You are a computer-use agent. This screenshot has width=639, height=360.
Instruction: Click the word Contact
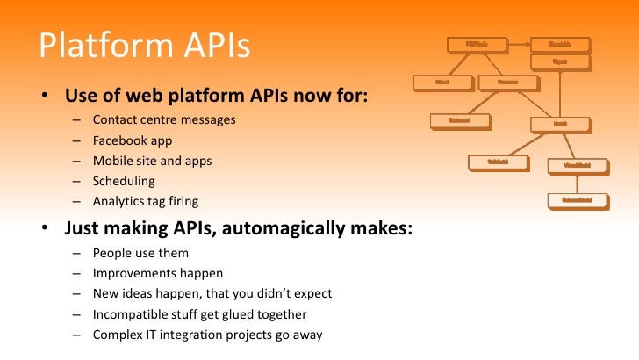115,119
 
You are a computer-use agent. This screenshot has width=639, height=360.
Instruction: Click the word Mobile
112,161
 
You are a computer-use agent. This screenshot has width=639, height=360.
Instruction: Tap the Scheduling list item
124,181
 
